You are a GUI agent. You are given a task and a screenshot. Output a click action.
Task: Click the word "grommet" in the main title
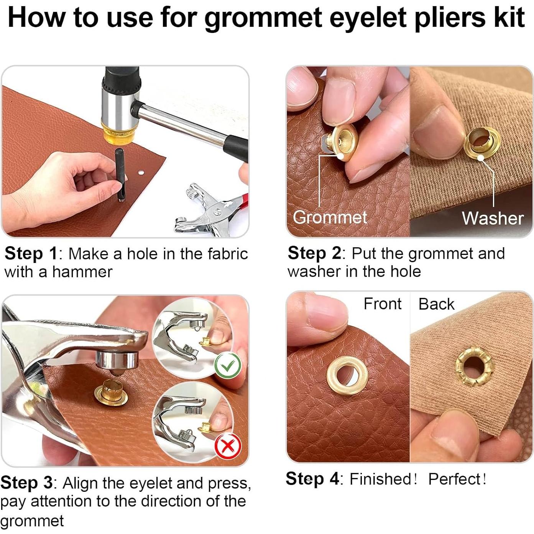pyautogui.click(x=263, y=18)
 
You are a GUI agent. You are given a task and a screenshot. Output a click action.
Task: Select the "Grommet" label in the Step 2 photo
pyautogui.click(x=330, y=217)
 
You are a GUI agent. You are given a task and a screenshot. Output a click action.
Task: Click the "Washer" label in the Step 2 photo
pyautogui.click(x=493, y=218)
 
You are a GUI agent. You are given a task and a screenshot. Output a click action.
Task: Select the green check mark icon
pyautogui.click(x=228, y=366)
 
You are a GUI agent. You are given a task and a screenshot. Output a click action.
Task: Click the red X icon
pyautogui.click(x=228, y=446)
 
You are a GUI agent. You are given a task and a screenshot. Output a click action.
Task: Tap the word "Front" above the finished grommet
pyautogui.click(x=382, y=304)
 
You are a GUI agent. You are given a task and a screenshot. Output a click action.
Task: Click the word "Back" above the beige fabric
pyautogui.click(x=436, y=304)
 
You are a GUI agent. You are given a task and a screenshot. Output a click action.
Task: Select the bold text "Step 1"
pyautogui.click(x=31, y=254)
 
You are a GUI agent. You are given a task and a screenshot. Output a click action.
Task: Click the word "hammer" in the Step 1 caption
pyautogui.click(x=82, y=272)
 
